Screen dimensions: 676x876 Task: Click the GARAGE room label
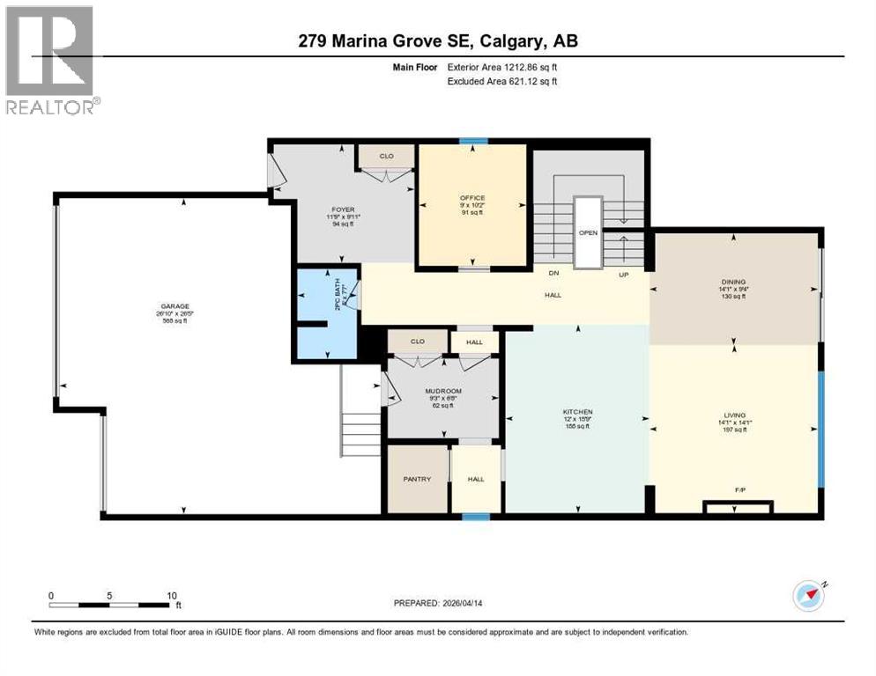172,307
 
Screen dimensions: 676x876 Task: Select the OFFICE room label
472,197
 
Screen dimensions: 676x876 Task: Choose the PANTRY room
417,479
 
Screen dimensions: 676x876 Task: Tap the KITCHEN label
577,412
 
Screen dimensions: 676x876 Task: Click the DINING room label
733,283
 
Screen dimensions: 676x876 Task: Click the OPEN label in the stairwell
588,233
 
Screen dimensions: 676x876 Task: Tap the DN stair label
553,273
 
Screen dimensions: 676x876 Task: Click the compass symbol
808,596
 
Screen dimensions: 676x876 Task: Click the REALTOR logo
51,61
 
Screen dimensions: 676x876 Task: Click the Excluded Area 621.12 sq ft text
502,81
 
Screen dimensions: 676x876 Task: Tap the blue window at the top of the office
473,141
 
